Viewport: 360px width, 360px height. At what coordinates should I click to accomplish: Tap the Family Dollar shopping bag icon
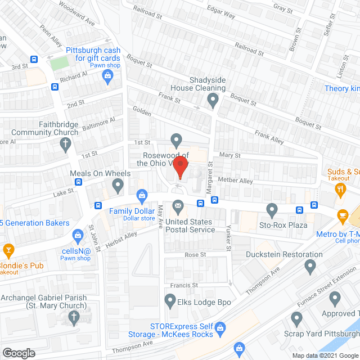pyautogui.click(x=142, y=195)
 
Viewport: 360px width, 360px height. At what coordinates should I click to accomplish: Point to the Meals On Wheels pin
pyautogui.click(x=118, y=184)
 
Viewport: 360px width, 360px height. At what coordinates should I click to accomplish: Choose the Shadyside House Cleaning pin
pyautogui.click(x=213, y=101)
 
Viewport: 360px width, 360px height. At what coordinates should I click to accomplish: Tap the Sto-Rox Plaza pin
pyautogui.click(x=272, y=211)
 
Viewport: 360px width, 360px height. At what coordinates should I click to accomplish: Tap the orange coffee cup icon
pyautogui.click(x=343, y=215)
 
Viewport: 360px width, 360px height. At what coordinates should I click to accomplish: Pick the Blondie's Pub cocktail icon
pyautogui.click(x=8, y=250)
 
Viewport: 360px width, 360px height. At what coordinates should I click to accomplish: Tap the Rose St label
pyautogui.click(x=196, y=255)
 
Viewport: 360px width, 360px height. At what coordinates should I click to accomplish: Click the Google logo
pyautogui.click(x=19, y=353)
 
